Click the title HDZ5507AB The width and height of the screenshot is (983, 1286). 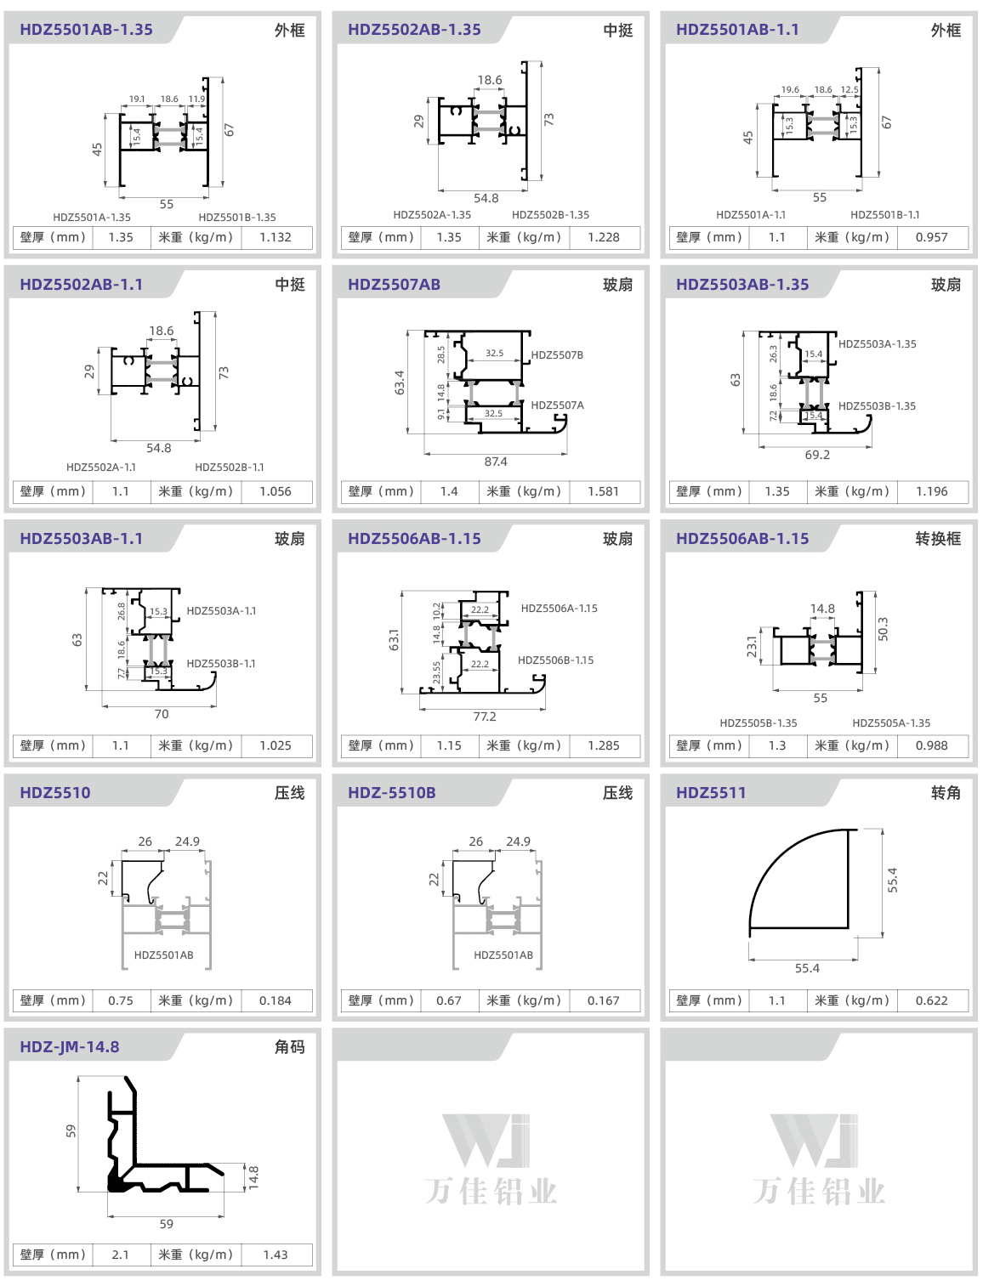[x=394, y=285]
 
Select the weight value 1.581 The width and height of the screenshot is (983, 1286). [x=603, y=491]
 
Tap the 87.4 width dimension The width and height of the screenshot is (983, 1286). [x=495, y=462]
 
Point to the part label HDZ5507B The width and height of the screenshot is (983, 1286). [x=557, y=355]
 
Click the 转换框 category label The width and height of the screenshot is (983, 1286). [x=938, y=538]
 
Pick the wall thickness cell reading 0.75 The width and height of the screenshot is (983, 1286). [x=120, y=1000]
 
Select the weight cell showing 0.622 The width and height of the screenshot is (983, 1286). [x=931, y=1000]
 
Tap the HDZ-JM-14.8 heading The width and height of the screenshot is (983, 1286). [x=69, y=1047]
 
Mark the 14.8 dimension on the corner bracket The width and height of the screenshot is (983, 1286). [x=253, y=1177]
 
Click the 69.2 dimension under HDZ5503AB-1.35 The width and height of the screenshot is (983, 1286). [x=817, y=455]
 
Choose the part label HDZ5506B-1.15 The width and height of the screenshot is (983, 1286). [x=555, y=660]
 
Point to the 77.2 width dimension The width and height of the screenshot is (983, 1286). [x=485, y=717]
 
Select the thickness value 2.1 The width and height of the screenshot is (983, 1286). [x=120, y=1255]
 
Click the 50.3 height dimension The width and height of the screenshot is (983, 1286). [x=884, y=629]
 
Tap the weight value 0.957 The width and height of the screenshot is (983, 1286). [x=931, y=237]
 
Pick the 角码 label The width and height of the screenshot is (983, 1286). [x=290, y=1047]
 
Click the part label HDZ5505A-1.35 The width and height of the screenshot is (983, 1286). [x=891, y=723]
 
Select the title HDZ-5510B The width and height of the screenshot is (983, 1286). [x=391, y=793]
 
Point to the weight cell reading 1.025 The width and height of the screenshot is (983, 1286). [x=275, y=745]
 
